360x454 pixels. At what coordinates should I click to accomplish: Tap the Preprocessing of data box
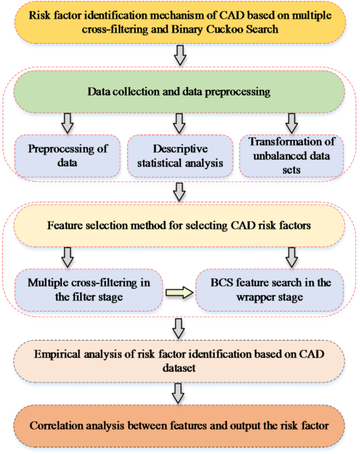pos(67,155)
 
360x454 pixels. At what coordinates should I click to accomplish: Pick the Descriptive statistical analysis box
pos(179,155)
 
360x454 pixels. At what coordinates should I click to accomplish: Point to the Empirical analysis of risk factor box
pos(180,358)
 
